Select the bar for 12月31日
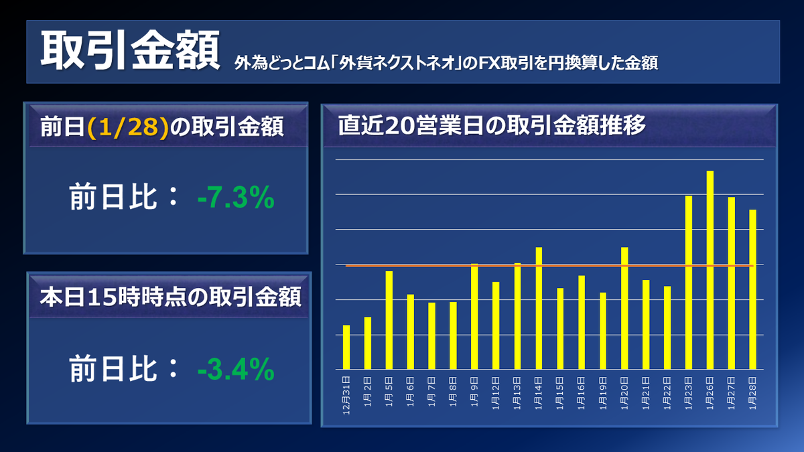346,347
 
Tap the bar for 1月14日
539,308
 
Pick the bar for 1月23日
688,282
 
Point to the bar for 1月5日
389,320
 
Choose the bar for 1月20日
624,308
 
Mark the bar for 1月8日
453,335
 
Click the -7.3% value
236,198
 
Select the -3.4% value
236,369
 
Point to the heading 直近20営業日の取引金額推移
492,126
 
